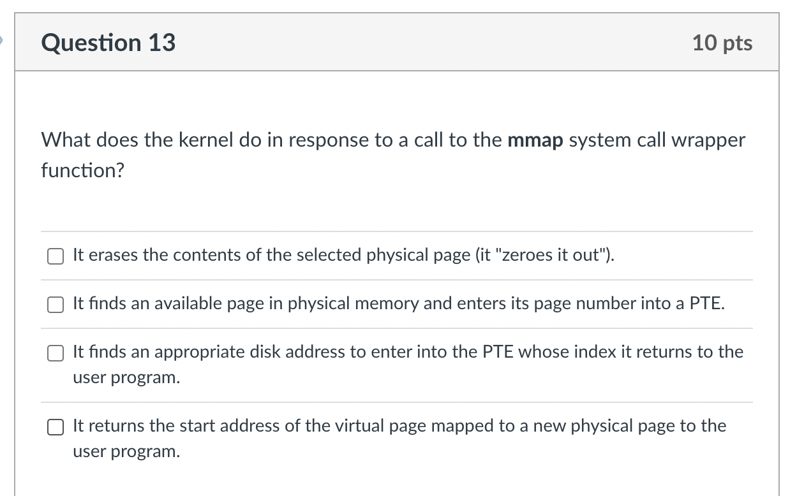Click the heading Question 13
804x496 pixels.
[108, 43]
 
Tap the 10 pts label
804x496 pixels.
[722, 43]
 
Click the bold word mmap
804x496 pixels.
[535, 140]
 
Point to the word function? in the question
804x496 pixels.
[82, 170]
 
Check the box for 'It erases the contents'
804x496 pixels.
[56, 256]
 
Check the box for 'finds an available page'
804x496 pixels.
[56, 305]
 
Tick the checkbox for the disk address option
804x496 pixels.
[56, 353]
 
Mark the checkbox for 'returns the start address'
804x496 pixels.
[56, 427]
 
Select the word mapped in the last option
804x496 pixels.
[463, 426]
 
